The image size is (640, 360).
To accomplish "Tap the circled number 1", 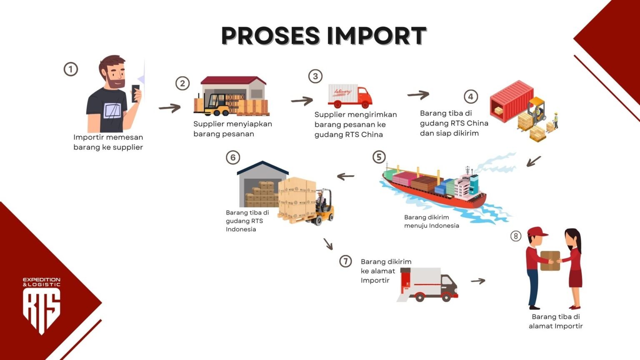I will point(71,69).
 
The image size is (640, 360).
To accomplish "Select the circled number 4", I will point(470,97).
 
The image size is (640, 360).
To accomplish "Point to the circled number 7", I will point(345,261).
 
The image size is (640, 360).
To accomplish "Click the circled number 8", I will point(516,236).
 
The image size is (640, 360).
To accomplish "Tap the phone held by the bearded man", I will point(135,93).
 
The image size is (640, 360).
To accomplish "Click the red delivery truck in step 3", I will point(350,96).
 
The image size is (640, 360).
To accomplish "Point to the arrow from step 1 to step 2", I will point(170,108).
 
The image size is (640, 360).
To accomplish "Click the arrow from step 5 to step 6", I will point(345,177).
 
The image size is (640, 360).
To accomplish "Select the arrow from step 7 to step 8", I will point(478,281).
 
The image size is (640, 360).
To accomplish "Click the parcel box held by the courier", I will point(550,260).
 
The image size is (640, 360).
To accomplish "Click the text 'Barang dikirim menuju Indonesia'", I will point(431,221).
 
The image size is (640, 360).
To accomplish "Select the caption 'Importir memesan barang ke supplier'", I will point(108,142).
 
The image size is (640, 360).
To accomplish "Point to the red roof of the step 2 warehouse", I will point(233,80).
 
